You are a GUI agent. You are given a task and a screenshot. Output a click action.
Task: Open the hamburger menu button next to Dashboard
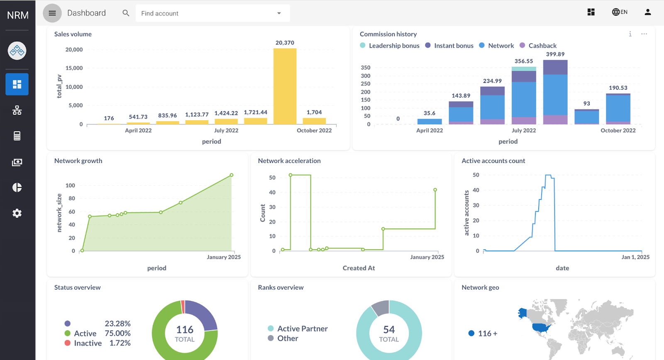coord(52,13)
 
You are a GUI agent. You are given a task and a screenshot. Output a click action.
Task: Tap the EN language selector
coord(620,12)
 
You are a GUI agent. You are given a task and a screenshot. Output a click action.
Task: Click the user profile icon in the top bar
coord(647,12)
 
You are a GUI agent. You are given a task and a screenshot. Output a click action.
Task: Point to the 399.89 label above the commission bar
coord(555,54)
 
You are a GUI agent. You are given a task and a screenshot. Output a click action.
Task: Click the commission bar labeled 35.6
coord(430,122)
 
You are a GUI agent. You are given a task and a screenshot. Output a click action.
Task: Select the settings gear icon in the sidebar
coord(17,213)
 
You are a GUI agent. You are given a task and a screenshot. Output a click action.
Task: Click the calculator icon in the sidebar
coord(17,136)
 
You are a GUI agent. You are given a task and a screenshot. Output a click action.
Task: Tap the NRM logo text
coord(17,15)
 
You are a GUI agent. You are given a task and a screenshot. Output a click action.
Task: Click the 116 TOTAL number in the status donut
coord(185,330)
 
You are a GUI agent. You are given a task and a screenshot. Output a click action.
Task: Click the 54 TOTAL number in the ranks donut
coord(389,330)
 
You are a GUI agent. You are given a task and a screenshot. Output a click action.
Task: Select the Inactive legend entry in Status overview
coord(88,343)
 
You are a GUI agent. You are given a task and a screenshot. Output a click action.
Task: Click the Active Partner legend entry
coord(302,328)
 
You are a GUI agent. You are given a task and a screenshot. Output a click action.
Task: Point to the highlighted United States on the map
coord(542,328)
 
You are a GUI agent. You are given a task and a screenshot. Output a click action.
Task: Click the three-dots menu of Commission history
coord(644,34)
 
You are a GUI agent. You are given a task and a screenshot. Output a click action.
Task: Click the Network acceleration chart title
coord(289,161)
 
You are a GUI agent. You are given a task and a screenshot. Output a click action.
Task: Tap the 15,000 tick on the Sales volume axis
coord(74,68)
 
